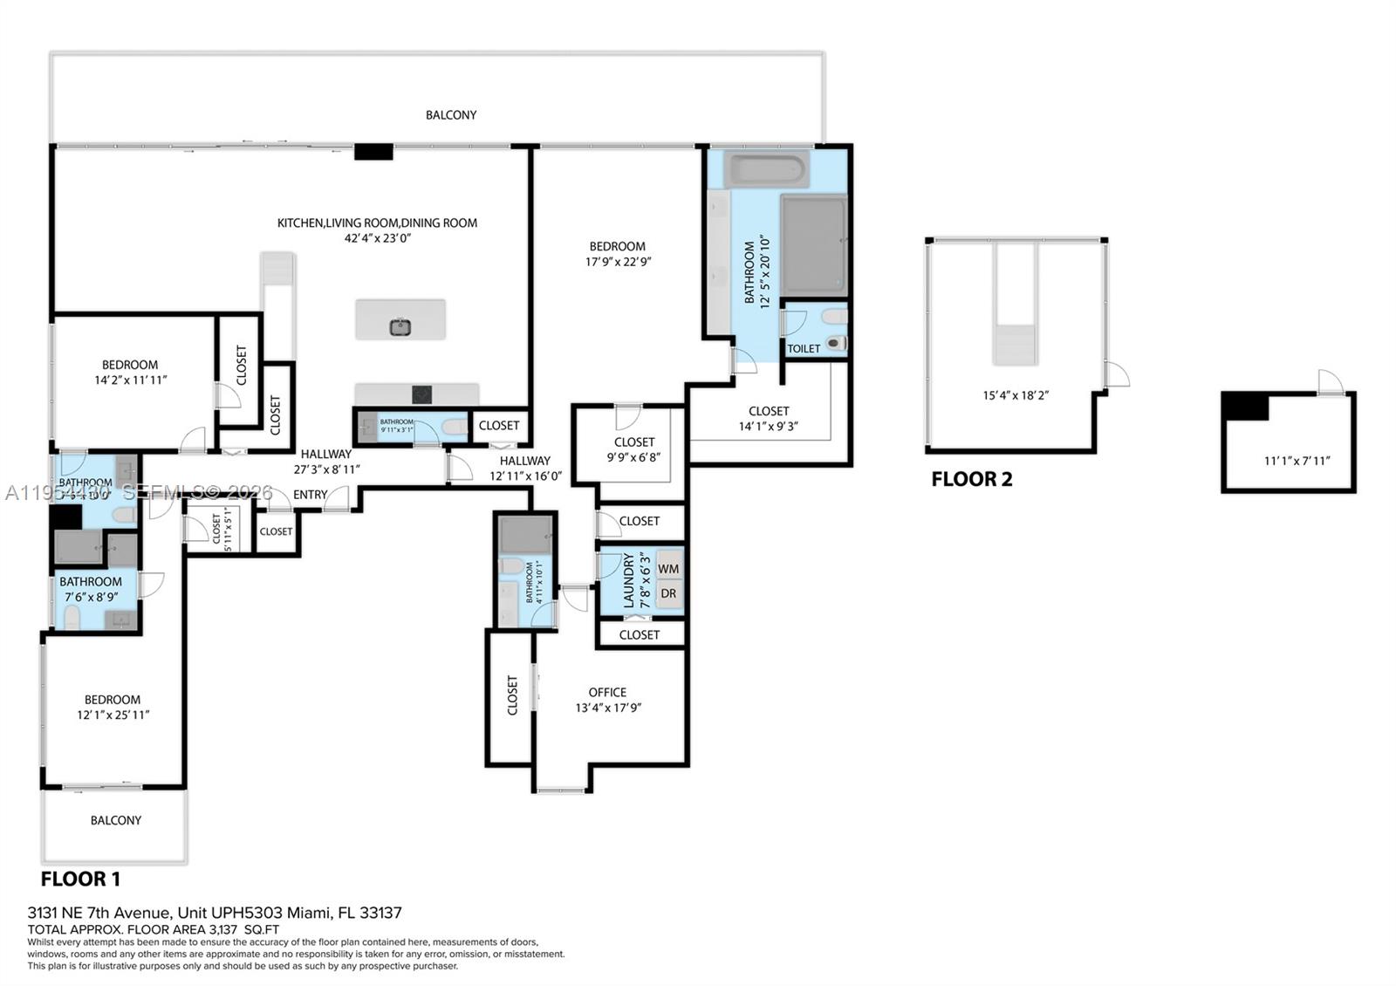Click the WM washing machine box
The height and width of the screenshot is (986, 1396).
coord(669,569)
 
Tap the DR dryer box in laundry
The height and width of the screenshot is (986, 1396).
coord(669,593)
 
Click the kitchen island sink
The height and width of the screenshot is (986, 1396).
coord(400,327)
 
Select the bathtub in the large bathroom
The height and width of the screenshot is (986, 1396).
coord(766,170)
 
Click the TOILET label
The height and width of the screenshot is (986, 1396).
coord(804,348)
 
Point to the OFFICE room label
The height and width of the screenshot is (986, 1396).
coord(607,692)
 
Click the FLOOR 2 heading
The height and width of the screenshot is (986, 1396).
coord(971,479)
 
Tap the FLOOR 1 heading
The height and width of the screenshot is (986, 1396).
coord(80,879)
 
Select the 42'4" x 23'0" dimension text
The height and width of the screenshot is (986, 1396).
coord(377,238)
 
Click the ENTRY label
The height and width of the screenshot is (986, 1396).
coord(310,495)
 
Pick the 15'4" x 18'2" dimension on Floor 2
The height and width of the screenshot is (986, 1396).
coord(1016,395)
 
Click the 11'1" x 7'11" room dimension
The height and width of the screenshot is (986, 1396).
coord(1297,461)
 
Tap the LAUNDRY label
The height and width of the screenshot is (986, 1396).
coord(629,580)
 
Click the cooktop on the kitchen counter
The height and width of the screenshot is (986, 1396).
coord(422,394)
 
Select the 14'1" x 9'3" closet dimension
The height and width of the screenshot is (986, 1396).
coord(769,427)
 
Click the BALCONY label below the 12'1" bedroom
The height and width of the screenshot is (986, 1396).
coord(115,820)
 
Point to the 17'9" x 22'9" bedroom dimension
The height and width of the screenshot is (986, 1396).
coord(618,262)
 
